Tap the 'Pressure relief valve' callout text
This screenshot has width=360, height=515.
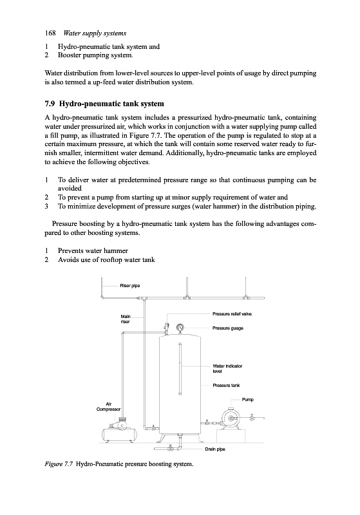(x=232, y=314)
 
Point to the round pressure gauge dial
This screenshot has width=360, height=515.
(x=180, y=328)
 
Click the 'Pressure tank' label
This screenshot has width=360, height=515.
(x=226, y=385)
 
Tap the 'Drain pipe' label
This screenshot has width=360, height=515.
(x=215, y=449)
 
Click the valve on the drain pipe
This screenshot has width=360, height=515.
(x=170, y=448)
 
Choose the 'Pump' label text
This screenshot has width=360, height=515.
(x=248, y=400)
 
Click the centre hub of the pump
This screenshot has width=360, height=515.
(x=231, y=418)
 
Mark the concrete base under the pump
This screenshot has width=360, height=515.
(x=231, y=436)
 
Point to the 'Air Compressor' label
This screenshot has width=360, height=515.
(x=108, y=407)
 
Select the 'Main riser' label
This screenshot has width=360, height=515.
(x=126, y=319)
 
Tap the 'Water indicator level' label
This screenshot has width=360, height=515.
(x=227, y=368)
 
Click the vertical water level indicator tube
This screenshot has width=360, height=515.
(x=180, y=368)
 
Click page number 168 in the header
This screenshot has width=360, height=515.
(x=50, y=33)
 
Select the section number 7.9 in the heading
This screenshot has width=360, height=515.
(x=50, y=104)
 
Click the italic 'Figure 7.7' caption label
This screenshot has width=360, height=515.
(x=59, y=464)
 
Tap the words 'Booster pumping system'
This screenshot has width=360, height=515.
(x=95, y=55)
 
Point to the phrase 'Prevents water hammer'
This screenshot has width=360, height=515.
(x=93, y=250)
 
